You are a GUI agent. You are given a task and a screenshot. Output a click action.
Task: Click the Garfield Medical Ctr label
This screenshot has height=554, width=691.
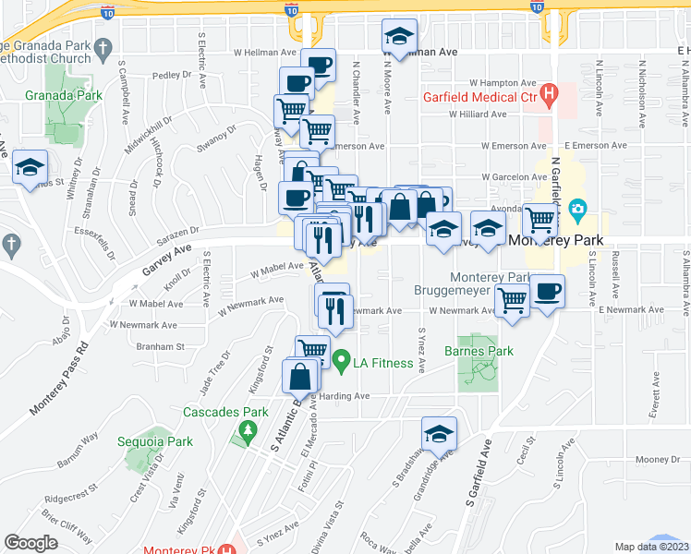coord(480,96)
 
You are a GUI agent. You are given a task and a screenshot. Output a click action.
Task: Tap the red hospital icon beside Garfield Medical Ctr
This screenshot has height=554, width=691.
coord(550,93)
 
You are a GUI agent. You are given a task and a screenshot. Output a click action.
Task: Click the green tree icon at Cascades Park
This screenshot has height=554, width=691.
coord(247,429)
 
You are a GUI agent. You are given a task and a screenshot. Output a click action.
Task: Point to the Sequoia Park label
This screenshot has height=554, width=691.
coord(155,441)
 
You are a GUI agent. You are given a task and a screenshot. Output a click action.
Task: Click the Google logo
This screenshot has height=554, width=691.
coord(30,543)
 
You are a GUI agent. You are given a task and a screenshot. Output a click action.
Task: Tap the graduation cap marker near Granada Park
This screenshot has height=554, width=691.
coord(30,168)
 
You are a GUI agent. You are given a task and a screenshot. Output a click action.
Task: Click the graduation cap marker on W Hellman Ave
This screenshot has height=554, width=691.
coord(400,38)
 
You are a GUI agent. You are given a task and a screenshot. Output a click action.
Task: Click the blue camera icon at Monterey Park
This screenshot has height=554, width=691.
coord(578,208)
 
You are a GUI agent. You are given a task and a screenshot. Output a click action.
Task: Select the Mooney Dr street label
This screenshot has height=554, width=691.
coord(657,460)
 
